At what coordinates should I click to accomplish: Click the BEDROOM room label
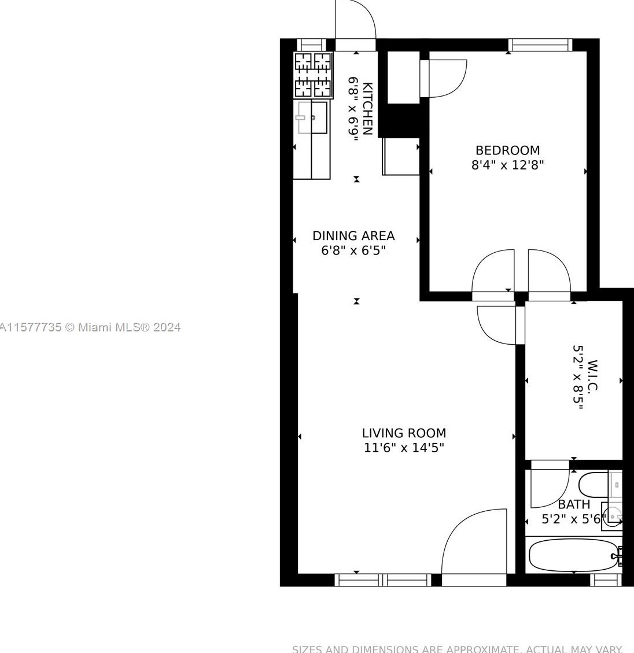[x=507, y=150]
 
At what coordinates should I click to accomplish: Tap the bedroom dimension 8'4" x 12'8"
[x=507, y=165]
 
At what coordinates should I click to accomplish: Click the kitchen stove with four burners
[x=313, y=75]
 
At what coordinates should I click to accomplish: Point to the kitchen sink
[x=312, y=117]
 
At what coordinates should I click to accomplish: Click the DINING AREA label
[x=353, y=236]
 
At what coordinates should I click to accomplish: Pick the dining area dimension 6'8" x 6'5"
[x=353, y=251]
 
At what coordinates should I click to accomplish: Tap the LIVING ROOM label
[x=404, y=433]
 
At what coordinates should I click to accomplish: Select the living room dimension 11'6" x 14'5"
[x=404, y=448]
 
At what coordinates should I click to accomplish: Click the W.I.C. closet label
[x=592, y=377]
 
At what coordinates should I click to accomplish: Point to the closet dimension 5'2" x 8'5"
[x=578, y=377]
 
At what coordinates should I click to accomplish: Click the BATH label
[x=574, y=504]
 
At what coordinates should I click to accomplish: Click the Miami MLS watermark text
[x=90, y=327]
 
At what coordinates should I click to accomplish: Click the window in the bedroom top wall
[x=540, y=45]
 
